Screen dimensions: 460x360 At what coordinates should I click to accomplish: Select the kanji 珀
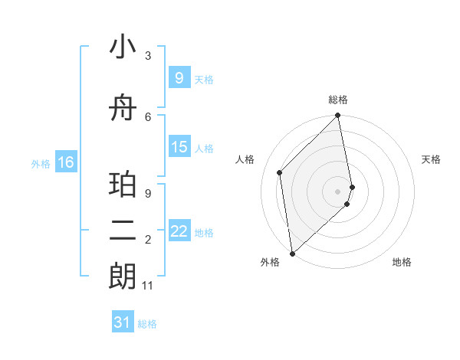(x=123, y=184)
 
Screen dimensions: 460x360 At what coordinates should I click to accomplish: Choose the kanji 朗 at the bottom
(x=123, y=276)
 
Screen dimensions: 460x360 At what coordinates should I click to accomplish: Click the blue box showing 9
(x=179, y=77)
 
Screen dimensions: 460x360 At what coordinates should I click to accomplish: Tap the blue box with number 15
(x=179, y=147)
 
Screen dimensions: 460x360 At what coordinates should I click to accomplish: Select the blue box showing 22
(x=179, y=231)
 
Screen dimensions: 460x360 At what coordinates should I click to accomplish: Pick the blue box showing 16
(x=66, y=162)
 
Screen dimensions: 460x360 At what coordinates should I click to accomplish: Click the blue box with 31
(x=123, y=322)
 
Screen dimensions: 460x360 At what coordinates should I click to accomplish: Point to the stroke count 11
(x=148, y=286)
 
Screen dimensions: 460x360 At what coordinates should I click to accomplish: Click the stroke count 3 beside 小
(x=148, y=55)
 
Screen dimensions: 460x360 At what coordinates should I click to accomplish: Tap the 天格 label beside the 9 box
(x=204, y=79)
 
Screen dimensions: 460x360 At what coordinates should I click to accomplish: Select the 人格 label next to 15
(x=204, y=149)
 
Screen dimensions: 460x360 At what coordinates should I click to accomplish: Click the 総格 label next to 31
(x=147, y=324)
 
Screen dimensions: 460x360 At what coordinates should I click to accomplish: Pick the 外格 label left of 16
(x=40, y=163)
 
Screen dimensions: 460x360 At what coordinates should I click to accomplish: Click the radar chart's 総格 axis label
(x=338, y=100)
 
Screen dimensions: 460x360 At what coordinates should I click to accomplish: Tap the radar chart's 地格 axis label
(x=402, y=262)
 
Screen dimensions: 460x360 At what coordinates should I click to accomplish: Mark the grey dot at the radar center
(x=338, y=191)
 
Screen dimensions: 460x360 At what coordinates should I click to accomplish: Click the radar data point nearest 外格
(x=292, y=253)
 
